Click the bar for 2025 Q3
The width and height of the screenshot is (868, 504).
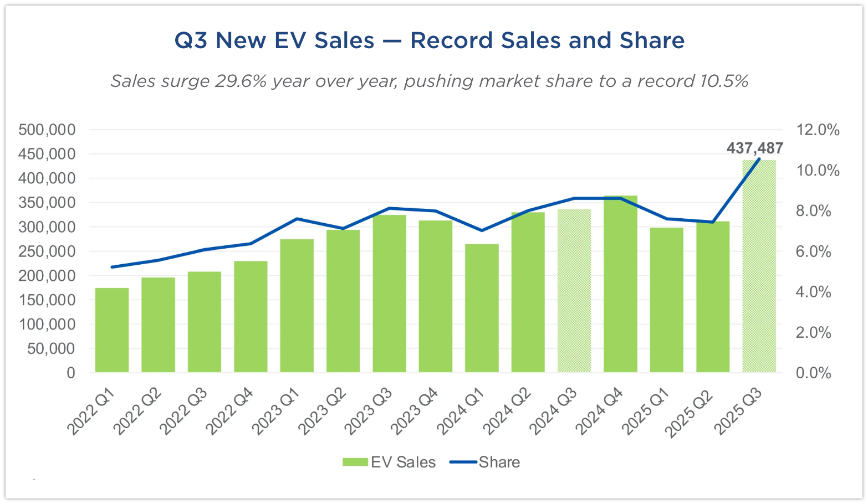coord(759,266)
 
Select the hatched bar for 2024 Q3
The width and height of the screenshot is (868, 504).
coord(574,291)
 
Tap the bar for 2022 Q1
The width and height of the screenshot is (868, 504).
coord(112,330)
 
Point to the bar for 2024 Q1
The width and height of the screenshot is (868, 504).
coord(482,308)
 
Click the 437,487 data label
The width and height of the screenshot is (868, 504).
coord(754,148)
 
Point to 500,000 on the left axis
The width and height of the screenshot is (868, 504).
coord(47,130)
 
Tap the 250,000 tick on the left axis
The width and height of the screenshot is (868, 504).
coord(47,251)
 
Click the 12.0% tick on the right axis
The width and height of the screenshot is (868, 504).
coord(818,130)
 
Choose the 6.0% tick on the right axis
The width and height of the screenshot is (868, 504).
coord(814,251)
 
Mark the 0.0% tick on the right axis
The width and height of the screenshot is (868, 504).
coord(814,373)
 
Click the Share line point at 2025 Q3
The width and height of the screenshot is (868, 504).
coord(759,160)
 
